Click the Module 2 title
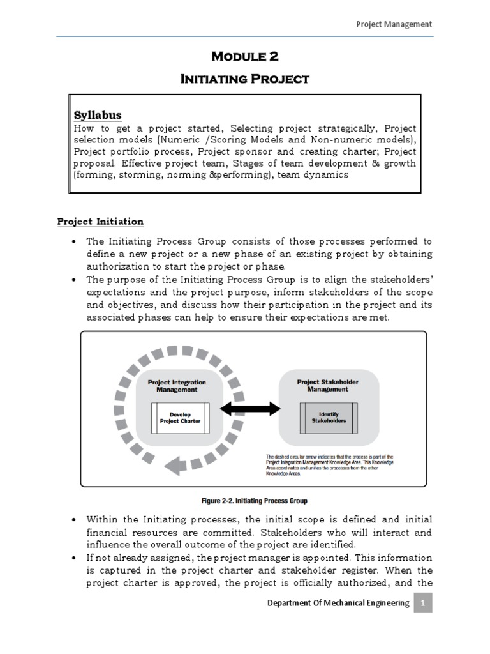click(245, 56)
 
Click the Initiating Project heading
click(245, 79)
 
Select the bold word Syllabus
click(98, 115)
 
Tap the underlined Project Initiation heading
click(100, 221)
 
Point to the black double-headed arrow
click(255, 407)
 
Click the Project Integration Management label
click(177, 386)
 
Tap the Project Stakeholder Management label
click(328, 385)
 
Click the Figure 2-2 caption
click(244, 500)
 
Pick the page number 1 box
click(422, 602)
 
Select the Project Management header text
click(393, 24)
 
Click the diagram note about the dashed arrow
click(329, 466)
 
